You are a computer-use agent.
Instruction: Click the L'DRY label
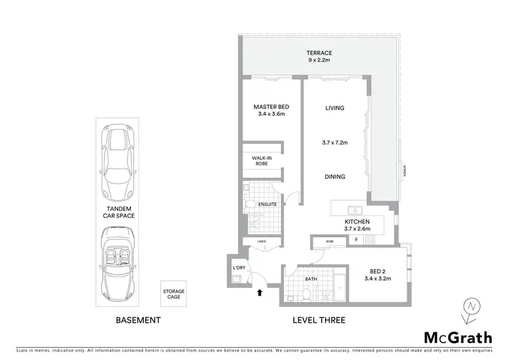[238, 268]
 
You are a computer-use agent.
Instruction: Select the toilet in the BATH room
[306, 293]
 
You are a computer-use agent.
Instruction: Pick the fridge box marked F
[356, 239]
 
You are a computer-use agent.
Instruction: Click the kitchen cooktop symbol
[371, 239]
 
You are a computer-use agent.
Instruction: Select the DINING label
[335, 177]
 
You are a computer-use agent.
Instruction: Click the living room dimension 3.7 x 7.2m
[335, 143]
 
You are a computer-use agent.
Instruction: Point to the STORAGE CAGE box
[173, 295]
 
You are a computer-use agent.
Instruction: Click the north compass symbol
[470, 309]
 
